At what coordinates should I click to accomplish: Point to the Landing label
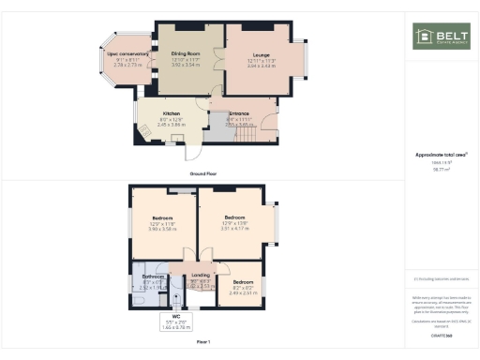click(x=201, y=276)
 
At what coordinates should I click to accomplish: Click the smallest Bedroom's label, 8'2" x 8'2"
click(x=243, y=284)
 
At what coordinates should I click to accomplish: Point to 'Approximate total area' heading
click(x=440, y=155)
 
